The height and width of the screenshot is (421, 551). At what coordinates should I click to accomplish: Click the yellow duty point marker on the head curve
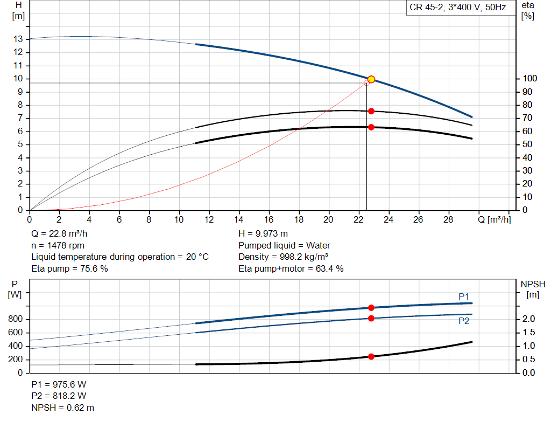click(x=371, y=79)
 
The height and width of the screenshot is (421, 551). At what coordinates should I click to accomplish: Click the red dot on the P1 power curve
click(x=371, y=308)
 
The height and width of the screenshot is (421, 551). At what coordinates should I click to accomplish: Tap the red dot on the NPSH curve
click(x=371, y=356)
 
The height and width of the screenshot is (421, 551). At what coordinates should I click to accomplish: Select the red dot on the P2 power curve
click(x=371, y=319)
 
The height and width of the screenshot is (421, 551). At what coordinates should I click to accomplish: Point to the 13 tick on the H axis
click(x=18, y=39)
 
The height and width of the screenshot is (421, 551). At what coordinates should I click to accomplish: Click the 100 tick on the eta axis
click(x=530, y=79)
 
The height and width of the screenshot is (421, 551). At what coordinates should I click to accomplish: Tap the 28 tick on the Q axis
click(x=448, y=219)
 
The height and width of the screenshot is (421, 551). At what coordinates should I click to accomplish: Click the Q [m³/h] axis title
click(x=494, y=220)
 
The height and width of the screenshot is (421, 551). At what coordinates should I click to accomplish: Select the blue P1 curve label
click(x=464, y=296)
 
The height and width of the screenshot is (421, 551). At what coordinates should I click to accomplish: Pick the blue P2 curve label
click(x=464, y=321)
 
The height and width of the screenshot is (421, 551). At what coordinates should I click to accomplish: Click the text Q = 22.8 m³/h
click(x=59, y=234)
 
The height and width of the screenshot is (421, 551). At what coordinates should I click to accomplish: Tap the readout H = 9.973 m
click(x=263, y=234)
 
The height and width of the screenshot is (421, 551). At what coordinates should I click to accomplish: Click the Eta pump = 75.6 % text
click(x=69, y=269)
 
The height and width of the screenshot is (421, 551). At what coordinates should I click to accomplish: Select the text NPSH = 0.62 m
click(x=62, y=408)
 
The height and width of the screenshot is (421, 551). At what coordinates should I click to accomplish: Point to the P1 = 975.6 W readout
click(x=59, y=384)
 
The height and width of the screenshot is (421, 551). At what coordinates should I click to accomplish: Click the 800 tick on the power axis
click(x=16, y=319)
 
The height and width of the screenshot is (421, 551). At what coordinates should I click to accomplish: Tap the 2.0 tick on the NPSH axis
click(x=528, y=319)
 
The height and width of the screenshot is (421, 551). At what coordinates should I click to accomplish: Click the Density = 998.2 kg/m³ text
click(x=283, y=257)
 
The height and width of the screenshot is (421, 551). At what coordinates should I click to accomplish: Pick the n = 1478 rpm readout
click(x=58, y=245)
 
